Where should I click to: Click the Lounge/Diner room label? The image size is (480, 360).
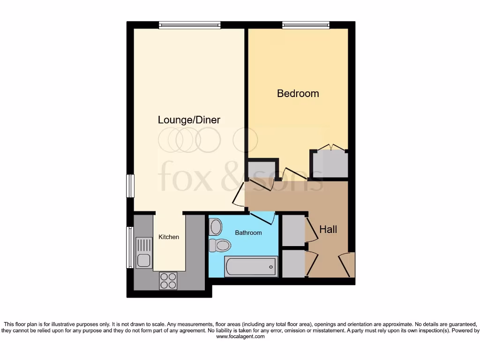tap(189, 120)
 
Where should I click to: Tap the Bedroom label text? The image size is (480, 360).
tap(298, 93)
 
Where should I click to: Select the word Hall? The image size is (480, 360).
tap(328, 230)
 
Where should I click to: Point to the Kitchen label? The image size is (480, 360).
tap(168, 237)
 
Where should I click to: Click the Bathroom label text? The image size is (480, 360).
tap(248, 232)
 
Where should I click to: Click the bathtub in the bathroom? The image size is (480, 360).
tap(251, 267)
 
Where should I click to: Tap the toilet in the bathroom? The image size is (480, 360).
tap(220, 245)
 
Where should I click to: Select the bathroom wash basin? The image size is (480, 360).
tap(216, 227)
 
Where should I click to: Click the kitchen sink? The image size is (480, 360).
tap(143, 252)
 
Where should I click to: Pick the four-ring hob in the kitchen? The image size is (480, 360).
tap(168, 280)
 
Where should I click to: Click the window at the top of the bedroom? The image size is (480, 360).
tap(305, 25)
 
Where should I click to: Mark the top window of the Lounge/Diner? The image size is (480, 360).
tap(189, 25)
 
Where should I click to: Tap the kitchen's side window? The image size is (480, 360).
tap(130, 247)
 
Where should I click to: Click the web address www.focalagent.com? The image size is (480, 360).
tap(240, 336)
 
